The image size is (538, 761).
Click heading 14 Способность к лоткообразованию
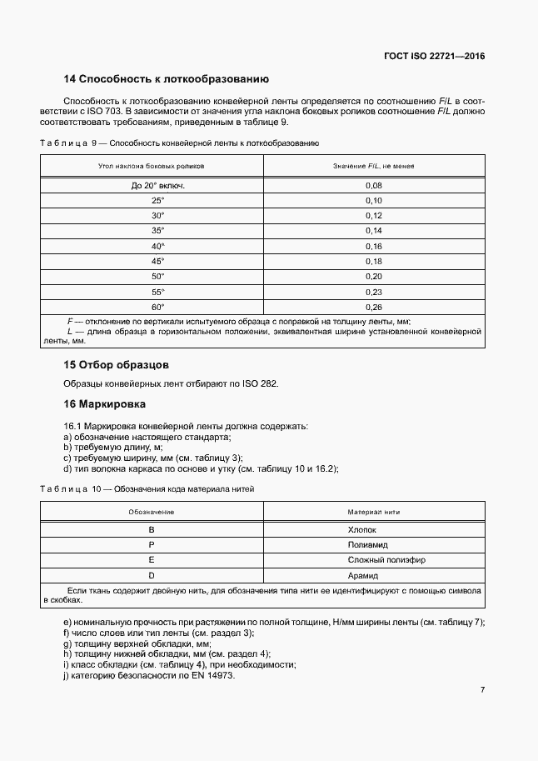[x=166, y=79]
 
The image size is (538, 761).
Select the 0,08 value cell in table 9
[x=373, y=185]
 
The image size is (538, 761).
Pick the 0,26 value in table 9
[x=373, y=306]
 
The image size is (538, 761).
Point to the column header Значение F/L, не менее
[x=373, y=167]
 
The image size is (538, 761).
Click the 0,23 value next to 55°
[x=373, y=291]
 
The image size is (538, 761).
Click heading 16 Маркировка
[x=105, y=404]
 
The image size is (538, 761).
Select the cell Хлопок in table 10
[x=362, y=529]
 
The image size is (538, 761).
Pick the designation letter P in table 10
[x=152, y=544]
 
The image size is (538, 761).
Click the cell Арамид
[x=362, y=575]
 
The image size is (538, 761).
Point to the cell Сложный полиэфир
[x=362, y=560]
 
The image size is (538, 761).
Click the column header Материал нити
[x=362, y=511]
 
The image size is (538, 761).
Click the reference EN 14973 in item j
[x=214, y=674]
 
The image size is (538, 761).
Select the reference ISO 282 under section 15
[x=260, y=383]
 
